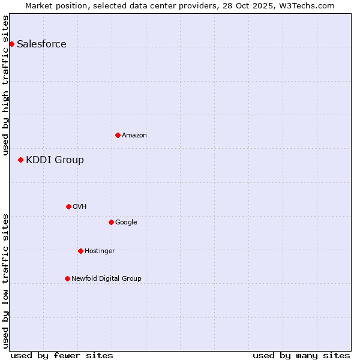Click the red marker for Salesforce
[x=11, y=44]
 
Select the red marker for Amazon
[x=118, y=135]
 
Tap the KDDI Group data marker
[x=20, y=160]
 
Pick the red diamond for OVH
[x=68, y=206]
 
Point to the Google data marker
[x=111, y=222]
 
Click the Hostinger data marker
[x=80, y=251]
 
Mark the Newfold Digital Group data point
[x=67, y=278]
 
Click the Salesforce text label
[x=41, y=44]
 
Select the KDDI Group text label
[x=55, y=160]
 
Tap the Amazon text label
[x=134, y=135]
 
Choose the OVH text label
[x=79, y=206]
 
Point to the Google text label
[x=126, y=222]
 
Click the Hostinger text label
[x=100, y=251]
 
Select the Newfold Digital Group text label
[x=106, y=278]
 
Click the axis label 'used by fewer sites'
[x=62, y=355]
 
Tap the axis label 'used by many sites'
[x=301, y=355]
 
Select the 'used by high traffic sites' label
[x=5, y=85]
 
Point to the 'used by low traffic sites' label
[x=5, y=280]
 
